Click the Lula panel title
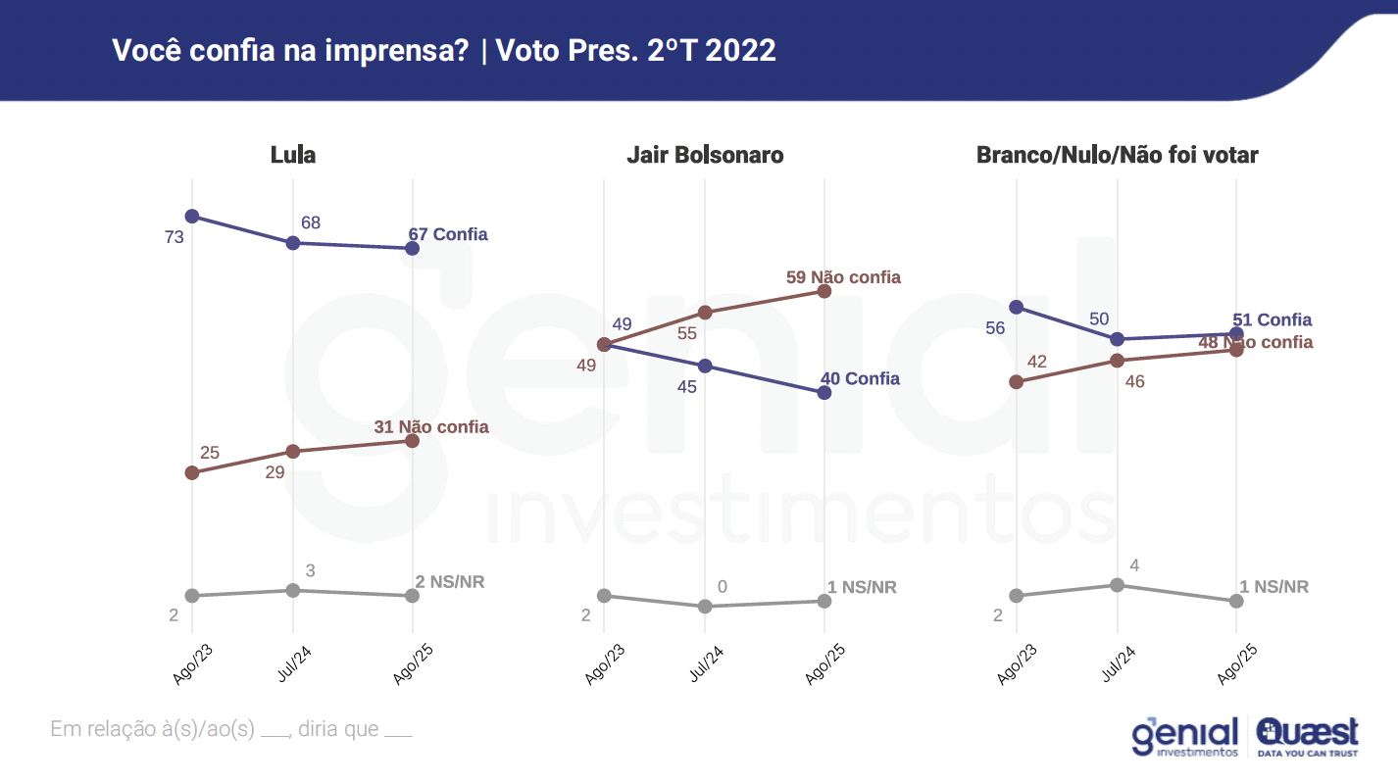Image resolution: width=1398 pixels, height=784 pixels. [x=293, y=155]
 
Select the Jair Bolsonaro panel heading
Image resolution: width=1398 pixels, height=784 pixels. [x=705, y=155]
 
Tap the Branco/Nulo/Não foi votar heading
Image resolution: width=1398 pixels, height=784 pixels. [x=1117, y=155]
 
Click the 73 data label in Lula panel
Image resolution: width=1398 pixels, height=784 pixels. [x=175, y=237]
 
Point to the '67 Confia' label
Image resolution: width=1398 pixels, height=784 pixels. [x=448, y=235]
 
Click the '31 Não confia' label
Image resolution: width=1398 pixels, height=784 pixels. [x=431, y=427]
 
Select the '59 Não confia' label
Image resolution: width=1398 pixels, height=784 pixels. [x=843, y=277]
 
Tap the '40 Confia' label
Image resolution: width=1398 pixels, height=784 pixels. [x=859, y=379]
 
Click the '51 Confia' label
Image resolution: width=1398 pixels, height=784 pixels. [x=1272, y=320]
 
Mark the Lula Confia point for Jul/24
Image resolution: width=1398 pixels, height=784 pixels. [x=292, y=242]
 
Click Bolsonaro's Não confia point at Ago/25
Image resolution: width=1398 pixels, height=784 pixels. [x=824, y=291]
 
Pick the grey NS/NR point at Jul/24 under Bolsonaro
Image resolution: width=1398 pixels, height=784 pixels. [x=704, y=607]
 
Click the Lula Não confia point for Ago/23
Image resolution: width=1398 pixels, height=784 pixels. [x=192, y=472]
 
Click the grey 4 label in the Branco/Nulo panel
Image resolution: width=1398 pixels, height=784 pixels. [x=1134, y=565]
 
